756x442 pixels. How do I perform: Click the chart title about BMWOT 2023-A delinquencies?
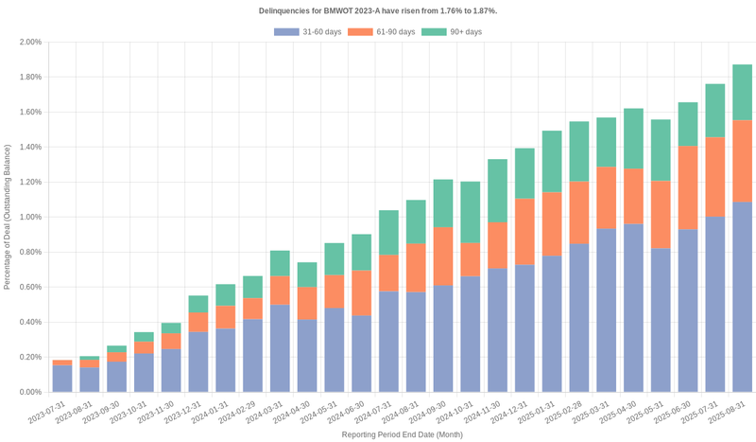pyautogui.click(x=378, y=10)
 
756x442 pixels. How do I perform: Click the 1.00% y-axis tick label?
pyautogui.click(x=30, y=217)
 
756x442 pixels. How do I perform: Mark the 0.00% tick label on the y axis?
pyautogui.click(x=30, y=392)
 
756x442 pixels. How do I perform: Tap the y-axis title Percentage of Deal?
pyautogui.click(x=8, y=217)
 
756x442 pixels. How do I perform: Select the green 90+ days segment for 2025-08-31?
pyautogui.click(x=743, y=93)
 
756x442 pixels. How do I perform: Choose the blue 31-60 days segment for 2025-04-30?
pyautogui.click(x=633, y=308)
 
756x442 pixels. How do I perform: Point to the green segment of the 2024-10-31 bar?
pyautogui.click(x=471, y=213)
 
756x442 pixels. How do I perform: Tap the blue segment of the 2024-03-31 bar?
pyautogui.click(x=280, y=347)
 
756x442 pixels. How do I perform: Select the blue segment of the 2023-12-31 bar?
pyautogui.click(x=198, y=362)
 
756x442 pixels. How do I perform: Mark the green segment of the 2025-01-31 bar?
pyautogui.click(x=552, y=162)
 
